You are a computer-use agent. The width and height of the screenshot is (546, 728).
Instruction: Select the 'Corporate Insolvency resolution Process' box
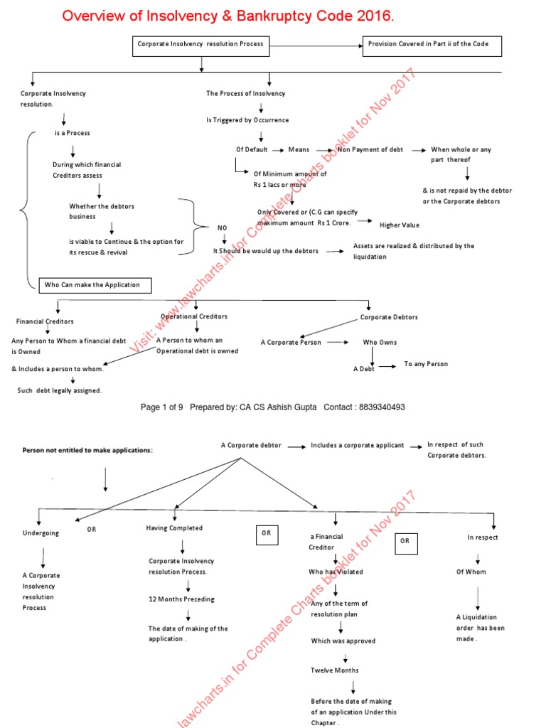[200, 44]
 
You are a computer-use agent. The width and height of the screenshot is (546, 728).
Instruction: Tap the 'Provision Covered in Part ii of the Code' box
[432, 44]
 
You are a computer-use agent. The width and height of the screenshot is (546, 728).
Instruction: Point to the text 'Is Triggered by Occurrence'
[247, 120]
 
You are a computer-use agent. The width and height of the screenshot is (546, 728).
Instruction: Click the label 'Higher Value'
[400, 225]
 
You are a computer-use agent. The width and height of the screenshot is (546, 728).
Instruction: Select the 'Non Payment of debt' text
[370, 150]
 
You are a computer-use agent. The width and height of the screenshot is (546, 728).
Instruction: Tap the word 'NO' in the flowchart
[223, 227]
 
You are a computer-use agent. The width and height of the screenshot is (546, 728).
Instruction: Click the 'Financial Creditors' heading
[45, 321]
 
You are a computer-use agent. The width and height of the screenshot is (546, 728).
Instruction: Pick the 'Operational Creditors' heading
[194, 316]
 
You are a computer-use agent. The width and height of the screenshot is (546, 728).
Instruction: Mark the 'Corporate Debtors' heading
[389, 317]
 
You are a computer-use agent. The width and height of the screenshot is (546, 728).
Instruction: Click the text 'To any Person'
[426, 364]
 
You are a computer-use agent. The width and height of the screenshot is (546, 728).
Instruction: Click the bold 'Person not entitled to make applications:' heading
[87, 450]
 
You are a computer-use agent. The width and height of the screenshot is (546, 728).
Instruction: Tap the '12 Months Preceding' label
[181, 599]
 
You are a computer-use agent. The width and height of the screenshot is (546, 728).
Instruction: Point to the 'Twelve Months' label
[335, 670]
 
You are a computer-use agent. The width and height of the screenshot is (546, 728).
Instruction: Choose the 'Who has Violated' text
[336, 572]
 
